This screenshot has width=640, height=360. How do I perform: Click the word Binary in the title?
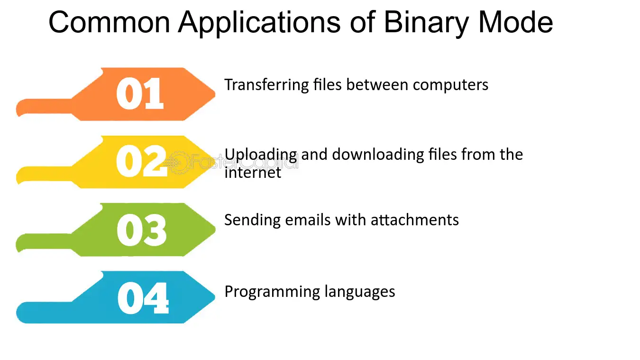[427, 23]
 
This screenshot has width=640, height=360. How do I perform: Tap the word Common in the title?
[110, 22]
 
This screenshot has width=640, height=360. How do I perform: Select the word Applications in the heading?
[259, 23]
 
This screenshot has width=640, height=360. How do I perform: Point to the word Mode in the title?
[516, 22]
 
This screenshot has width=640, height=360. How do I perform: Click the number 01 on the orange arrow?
[140, 93]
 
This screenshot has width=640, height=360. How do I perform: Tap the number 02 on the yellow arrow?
[141, 161]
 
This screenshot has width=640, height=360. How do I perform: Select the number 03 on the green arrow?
[141, 230]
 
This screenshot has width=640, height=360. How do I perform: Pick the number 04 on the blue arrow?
[143, 298]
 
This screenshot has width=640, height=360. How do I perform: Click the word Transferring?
[266, 85]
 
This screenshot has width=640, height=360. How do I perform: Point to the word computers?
[450, 85]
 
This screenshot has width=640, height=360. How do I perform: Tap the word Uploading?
[261, 155]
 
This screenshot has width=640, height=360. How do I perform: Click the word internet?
[253, 173]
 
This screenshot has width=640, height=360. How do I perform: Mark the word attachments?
[414, 220]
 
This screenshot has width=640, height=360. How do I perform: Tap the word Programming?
[272, 292]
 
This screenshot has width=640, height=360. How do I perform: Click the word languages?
[360, 292]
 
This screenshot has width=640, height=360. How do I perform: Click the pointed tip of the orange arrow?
[215, 94]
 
